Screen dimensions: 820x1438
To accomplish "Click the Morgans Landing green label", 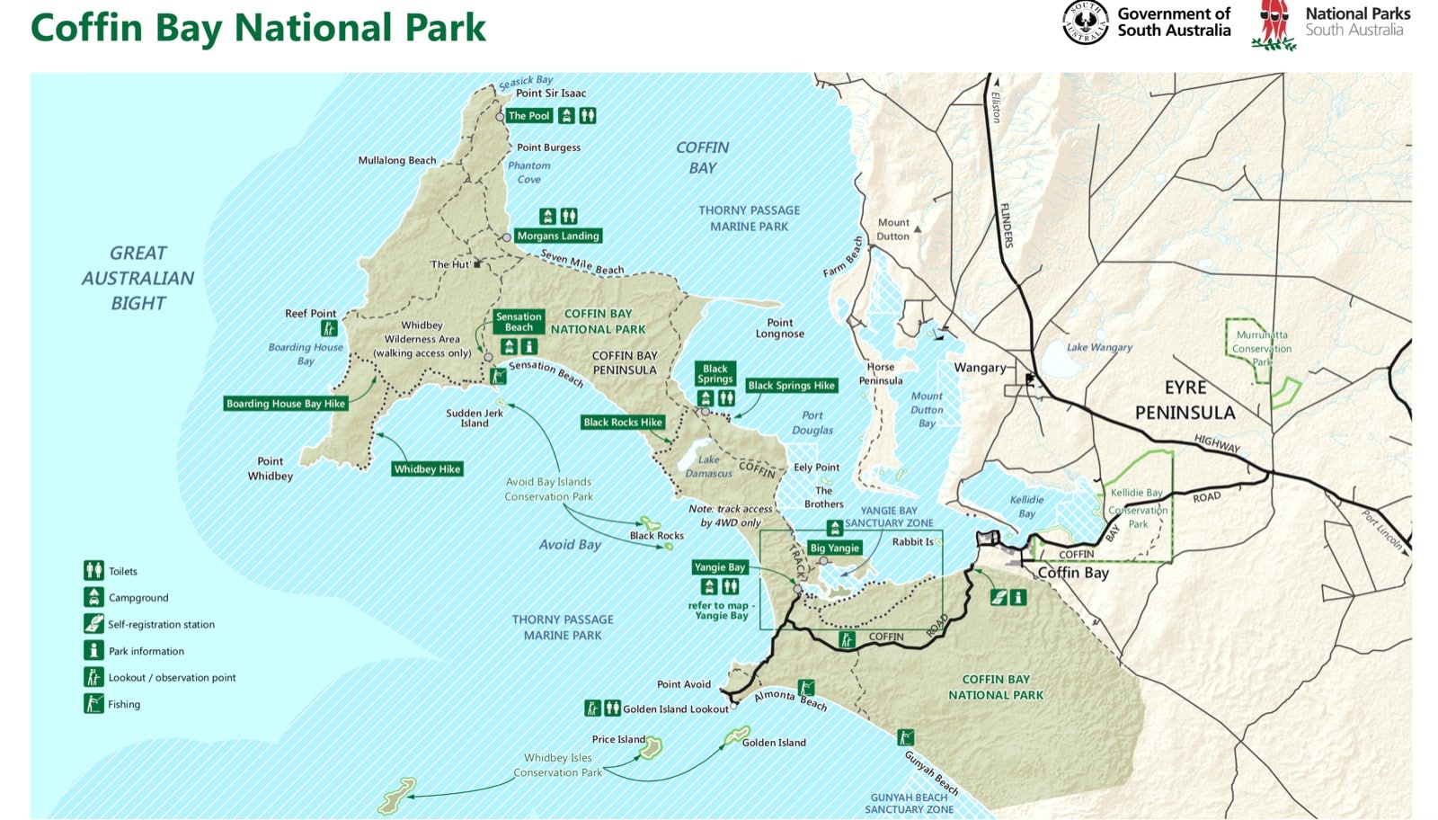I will tap(557, 236).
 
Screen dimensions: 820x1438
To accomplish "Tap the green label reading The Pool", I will tap(528, 116).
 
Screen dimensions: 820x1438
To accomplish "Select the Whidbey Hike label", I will tap(427, 468).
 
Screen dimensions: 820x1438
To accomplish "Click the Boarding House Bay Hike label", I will tap(286, 404).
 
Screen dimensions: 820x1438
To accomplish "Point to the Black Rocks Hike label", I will tap(622, 422).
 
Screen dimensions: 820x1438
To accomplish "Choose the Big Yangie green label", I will tap(834, 548).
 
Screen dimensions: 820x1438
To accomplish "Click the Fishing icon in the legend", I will tap(93, 703).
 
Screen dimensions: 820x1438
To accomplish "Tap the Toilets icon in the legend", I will tap(93, 570).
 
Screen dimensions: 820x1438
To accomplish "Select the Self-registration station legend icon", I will tap(93, 623).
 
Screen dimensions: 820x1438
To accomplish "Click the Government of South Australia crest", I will tap(1085, 22).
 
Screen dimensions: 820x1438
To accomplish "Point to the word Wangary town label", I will tap(980, 368).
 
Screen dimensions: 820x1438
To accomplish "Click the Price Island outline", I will tap(651, 748).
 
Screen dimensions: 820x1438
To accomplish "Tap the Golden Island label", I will tap(773, 743).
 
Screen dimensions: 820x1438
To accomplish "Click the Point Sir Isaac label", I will tap(550, 94).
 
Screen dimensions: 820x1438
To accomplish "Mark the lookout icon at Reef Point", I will tap(329, 328).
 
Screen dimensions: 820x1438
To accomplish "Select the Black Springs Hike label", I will tap(791, 386).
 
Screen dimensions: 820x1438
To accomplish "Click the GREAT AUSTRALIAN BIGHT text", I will tap(138, 278).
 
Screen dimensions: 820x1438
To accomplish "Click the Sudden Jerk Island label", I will tap(475, 418).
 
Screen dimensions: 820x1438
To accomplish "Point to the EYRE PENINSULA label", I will tap(1185, 400).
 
